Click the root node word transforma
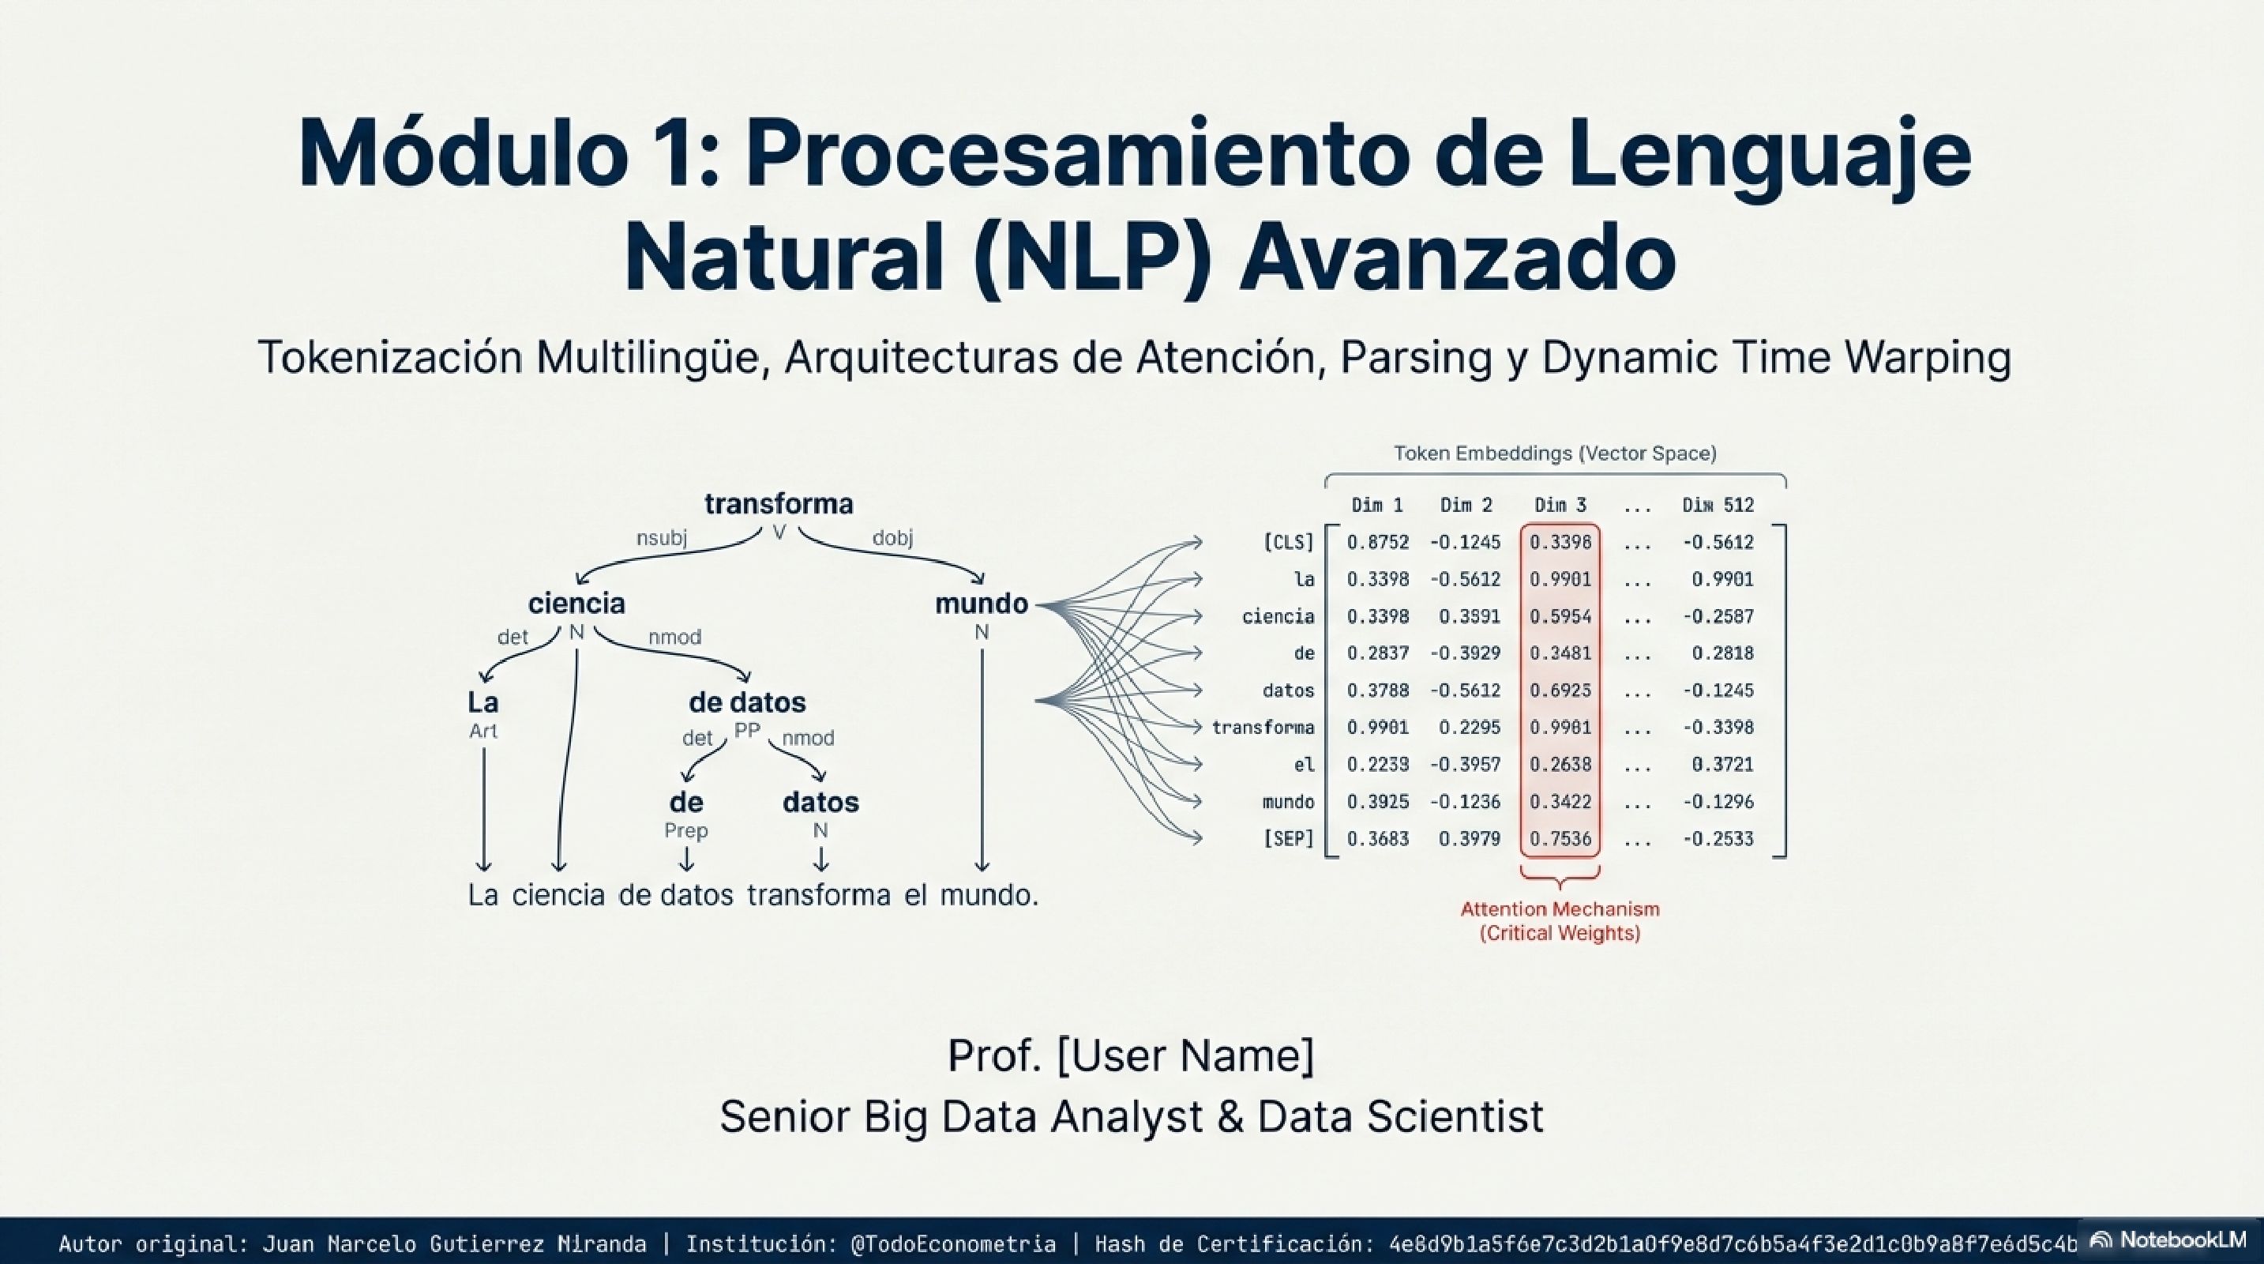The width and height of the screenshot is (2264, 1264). point(779,504)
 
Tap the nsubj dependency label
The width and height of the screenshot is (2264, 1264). point(661,537)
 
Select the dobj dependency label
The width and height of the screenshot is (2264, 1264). point(892,537)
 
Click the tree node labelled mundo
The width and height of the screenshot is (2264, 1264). point(981,603)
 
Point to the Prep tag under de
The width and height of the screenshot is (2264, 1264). point(685,829)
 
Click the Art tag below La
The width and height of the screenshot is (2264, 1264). point(482,731)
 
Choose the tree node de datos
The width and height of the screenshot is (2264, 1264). point(747,702)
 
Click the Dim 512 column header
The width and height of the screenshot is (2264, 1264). point(1718,506)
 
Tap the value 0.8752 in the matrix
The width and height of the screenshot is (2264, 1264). point(1377,543)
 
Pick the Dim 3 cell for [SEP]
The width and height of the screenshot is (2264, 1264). point(1560,838)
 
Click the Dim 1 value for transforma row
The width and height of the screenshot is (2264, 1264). point(1377,727)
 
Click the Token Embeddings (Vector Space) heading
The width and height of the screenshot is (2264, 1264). point(1555,453)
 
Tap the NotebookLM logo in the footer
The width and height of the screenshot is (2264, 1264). point(2171,1240)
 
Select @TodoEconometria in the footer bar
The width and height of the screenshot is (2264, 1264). point(952,1243)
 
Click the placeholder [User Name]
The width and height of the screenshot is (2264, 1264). point(1185,1055)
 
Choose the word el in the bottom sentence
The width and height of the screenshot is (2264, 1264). point(915,895)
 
